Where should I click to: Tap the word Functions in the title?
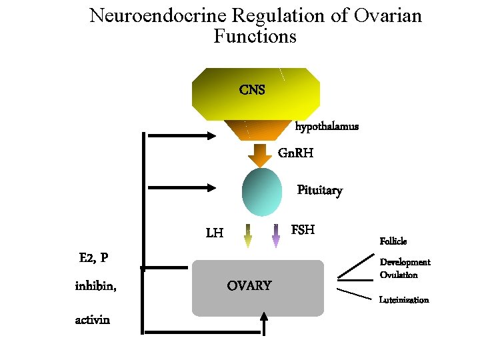pos(255,36)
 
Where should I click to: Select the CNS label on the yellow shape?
pos(252,90)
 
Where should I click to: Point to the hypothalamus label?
pos(327,126)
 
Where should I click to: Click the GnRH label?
pos(295,153)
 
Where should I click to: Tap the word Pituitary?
pos(319,191)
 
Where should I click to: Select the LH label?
pos(215,233)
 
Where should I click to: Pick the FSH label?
pos(303,230)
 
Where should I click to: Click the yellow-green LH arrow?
pos(247,237)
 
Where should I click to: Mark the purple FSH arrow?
pos(275,237)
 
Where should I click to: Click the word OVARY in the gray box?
pos(249,286)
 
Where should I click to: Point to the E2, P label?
pos(94,258)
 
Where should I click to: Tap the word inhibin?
pos(95,287)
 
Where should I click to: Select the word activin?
pos(92,320)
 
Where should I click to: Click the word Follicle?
pos(393,241)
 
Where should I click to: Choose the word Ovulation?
pos(399,275)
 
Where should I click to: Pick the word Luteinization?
pos(404,300)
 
